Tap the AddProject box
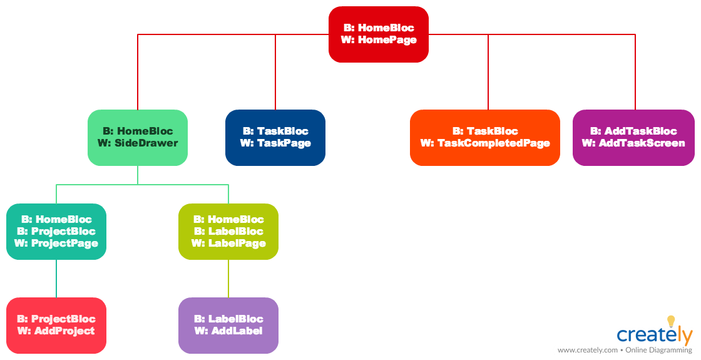(56, 326)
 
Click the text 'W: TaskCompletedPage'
(485, 143)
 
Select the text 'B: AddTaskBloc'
(633, 131)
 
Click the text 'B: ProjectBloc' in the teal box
(56, 232)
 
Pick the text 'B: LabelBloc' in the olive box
(228, 232)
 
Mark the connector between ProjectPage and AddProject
(56, 279)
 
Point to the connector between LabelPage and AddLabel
(228, 279)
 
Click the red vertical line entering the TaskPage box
(275, 75)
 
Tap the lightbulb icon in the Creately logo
(671, 321)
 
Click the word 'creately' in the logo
(655, 336)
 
